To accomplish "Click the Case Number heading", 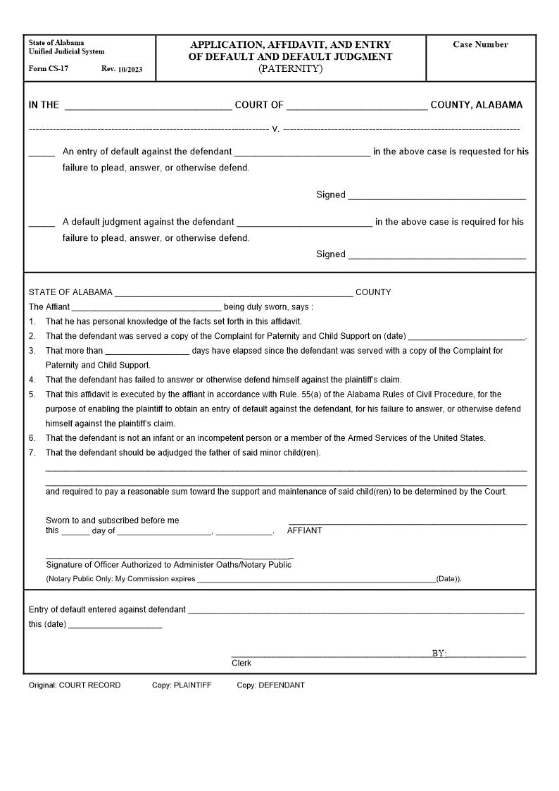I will click(480, 44).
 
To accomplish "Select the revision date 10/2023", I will click(130, 69).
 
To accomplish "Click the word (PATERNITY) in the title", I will click(290, 68).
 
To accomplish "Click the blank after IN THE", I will click(148, 106).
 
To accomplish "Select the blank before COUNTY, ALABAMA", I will click(357, 106).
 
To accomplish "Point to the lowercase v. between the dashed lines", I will click(275, 129).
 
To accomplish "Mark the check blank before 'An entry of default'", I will click(42, 152).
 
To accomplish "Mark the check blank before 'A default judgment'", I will click(42, 223).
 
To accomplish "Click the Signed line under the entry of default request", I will click(436, 196).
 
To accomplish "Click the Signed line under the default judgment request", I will click(436, 255).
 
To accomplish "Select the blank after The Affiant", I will click(146, 308).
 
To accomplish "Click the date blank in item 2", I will click(466, 337).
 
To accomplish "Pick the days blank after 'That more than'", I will click(147, 351).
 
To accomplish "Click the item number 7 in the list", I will click(32, 453).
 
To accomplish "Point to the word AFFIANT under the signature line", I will click(304, 530).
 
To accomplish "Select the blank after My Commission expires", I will click(316, 580).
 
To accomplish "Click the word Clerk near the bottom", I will click(241, 664).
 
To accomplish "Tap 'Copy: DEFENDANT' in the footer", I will click(270, 685).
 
